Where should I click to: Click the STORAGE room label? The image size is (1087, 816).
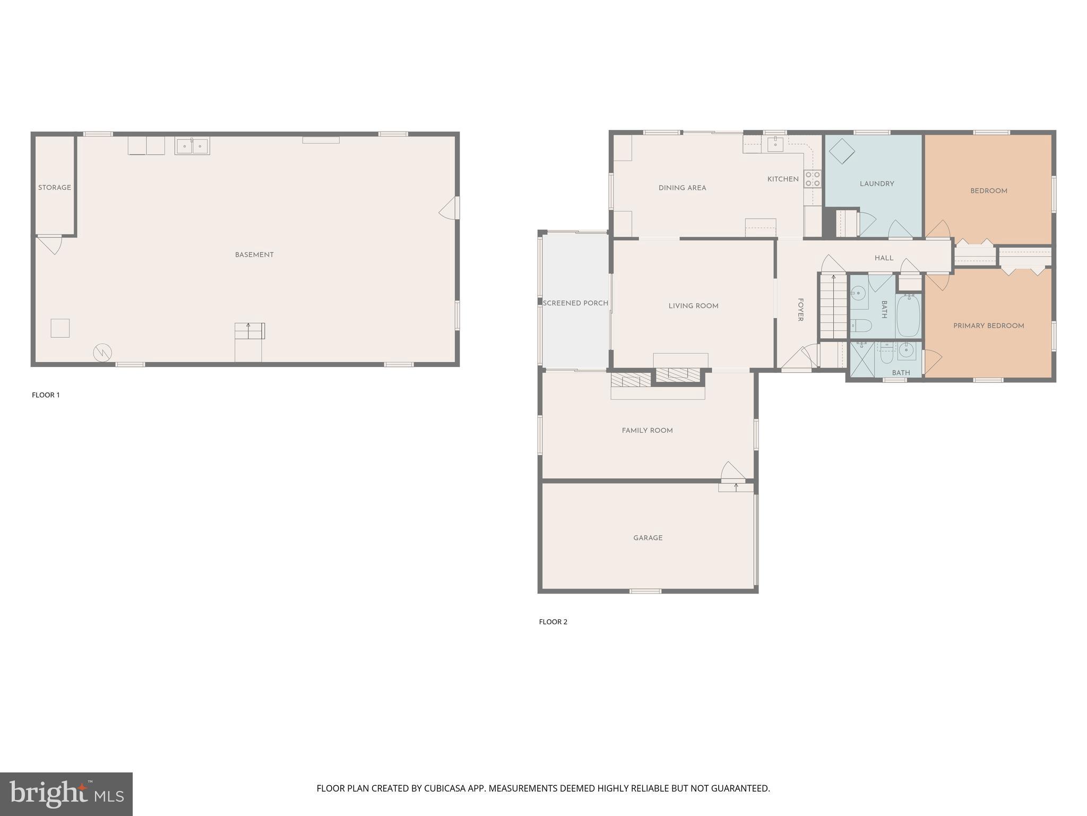(x=54, y=188)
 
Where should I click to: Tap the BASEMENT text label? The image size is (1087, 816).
(x=254, y=255)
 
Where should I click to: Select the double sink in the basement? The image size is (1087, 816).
(x=192, y=146)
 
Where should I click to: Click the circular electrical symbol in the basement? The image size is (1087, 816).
(x=102, y=353)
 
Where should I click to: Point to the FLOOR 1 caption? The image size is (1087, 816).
(x=46, y=395)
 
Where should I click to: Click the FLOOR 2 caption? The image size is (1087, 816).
(x=553, y=622)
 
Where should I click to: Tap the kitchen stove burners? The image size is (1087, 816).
(x=812, y=178)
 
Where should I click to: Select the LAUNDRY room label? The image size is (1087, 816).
(x=877, y=184)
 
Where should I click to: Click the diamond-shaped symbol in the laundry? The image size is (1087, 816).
(x=841, y=151)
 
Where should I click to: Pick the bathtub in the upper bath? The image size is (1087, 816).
(x=909, y=316)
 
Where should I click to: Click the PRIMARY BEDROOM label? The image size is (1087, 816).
(x=988, y=326)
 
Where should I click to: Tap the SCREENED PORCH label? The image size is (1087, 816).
(x=575, y=303)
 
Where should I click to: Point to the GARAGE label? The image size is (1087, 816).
(x=648, y=538)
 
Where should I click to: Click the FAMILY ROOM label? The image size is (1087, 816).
(x=647, y=430)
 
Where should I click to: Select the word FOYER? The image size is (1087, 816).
(x=800, y=310)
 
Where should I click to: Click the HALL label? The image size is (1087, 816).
(x=884, y=258)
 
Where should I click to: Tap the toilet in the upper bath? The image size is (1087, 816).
(x=859, y=325)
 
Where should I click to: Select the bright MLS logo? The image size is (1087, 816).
(x=66, y=794)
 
